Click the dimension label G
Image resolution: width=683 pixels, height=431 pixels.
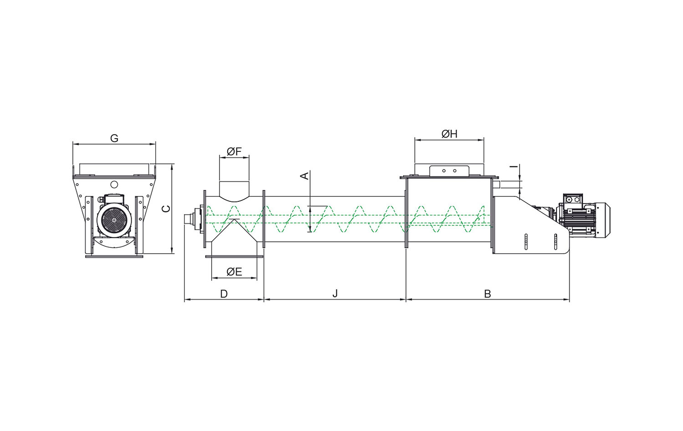point(114,138)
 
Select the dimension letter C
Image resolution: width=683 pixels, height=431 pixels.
point(166,209)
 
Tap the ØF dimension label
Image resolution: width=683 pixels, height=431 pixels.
point(234,151)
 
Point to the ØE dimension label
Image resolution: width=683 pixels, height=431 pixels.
point(234,272)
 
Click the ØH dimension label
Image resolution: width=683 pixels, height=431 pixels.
point(449,134)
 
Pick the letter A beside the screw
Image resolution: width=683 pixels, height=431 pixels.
point(305,176)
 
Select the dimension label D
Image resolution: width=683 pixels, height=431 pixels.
point(224,294)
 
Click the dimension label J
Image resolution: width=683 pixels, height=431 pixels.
point(335,294)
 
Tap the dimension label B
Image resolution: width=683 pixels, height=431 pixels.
point(488,294)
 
